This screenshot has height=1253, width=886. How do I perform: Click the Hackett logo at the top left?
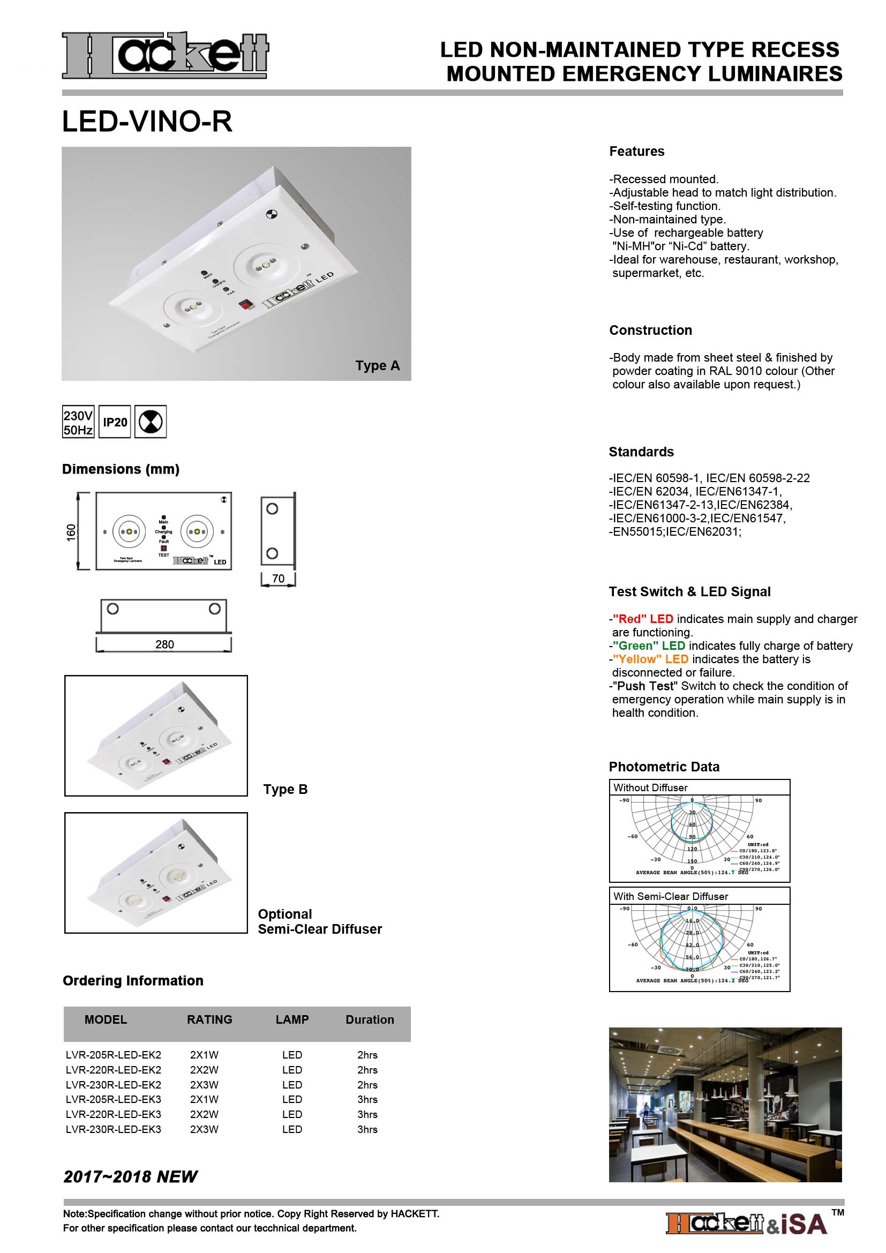tap(165, 55)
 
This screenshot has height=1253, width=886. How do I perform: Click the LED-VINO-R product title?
tap(147, 121)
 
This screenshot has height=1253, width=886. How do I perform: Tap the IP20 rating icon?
tap(115, 422)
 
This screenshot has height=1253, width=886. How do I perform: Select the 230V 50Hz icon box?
tap(78, 422)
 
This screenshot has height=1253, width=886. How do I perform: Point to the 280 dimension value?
tap(164, 644)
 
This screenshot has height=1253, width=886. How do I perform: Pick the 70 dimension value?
tap(278, 579)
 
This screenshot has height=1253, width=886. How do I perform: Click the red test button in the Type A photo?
tap(246, 304)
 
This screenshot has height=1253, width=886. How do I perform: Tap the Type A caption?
tap(378, 366)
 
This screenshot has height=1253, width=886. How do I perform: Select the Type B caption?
tap(286, 789)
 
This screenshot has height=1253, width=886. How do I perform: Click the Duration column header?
tap(370, 1019)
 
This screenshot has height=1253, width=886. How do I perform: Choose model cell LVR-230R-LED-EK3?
tap(114, 1129)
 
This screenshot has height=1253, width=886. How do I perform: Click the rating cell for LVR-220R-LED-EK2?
tap(204, 1070)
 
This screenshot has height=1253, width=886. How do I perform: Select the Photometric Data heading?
tap(664, 767)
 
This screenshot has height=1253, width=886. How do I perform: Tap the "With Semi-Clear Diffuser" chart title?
tap(671, 896)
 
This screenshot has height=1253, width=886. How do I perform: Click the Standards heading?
tap(641, 452)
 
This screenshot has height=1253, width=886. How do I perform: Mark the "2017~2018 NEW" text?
tap(130, 1176)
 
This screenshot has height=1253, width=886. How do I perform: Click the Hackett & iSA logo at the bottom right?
tap(747, 1224)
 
